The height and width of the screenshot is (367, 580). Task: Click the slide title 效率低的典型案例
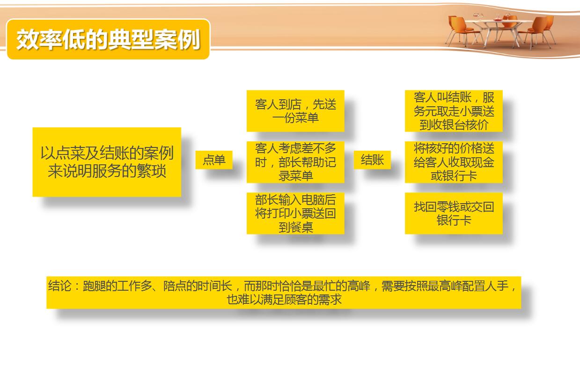108,39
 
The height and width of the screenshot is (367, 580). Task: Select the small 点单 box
214,160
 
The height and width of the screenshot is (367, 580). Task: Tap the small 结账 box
372,160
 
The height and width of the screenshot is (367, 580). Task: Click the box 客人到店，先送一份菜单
295,111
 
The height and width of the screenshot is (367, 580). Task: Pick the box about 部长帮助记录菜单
295,162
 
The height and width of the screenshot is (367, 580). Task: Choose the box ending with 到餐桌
295,213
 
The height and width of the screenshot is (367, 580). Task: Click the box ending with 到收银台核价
454,111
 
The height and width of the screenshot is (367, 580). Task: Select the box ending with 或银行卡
454,162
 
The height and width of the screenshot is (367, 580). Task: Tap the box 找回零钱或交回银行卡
454,213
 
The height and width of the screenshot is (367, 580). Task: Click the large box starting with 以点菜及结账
107,162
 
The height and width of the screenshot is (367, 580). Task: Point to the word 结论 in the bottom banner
59,286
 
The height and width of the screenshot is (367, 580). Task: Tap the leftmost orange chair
460,30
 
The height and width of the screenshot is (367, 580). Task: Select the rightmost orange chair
547,29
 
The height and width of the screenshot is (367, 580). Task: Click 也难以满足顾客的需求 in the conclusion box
284,300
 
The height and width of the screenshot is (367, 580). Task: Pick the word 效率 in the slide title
39,39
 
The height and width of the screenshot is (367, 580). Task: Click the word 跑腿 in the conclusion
94,286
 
